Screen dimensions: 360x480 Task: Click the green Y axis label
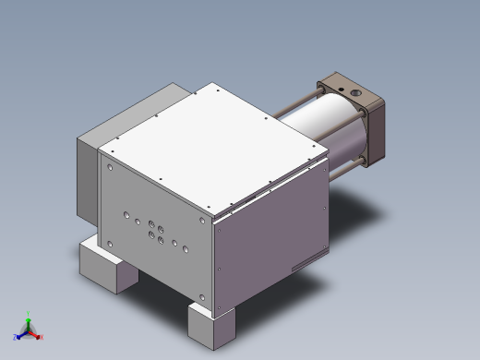point(30,313)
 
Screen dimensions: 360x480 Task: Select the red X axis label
point(40,337)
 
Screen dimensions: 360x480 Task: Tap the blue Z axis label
point(16,337)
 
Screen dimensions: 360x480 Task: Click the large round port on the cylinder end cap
point(354,94)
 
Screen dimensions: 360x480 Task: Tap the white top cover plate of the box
point(212,143)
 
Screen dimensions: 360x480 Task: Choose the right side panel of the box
point(272,235)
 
